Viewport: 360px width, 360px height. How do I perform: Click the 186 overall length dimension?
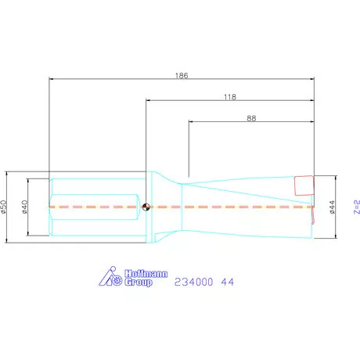pyautogui.click(x=182, y=76)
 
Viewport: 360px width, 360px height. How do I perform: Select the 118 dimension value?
pyautogui.click(x=230, y=97)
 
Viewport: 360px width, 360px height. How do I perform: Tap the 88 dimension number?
pyautogui.click(x=251, y=118)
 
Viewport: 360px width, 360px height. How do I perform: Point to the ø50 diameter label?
pyautogui.click(x=3, y=207)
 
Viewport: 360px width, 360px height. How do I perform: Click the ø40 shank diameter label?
pyautogui.click(x=25, y=207)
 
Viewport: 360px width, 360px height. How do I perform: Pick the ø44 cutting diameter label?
pyautogui.click(x=332, y=207)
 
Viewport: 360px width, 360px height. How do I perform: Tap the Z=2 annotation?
pyautogui.click(x=357, y=207)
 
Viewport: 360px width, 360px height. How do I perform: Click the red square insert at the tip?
pyautogui.click(x=304, y=185)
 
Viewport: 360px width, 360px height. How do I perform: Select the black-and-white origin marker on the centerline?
pyautogui.click(x=146, y=207)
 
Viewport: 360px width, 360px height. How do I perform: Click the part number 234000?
pyautogui.click(x=193, y=282)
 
